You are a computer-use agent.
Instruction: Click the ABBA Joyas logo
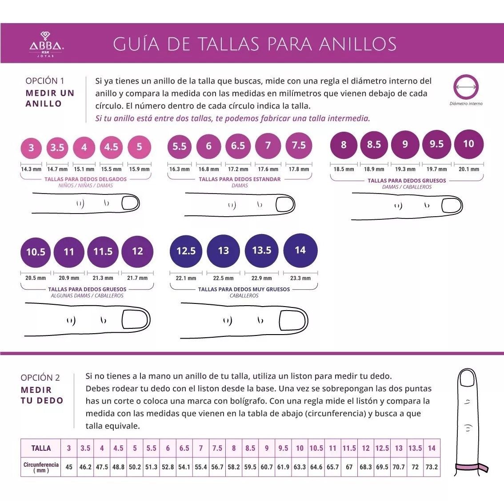[x=46, y=44]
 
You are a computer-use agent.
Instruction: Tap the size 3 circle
[x=31, y=148]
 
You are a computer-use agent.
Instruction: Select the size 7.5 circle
[x=299, y=145]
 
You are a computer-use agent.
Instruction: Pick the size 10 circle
[x=468, y=144]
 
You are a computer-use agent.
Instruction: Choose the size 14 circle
[x=300, y=250]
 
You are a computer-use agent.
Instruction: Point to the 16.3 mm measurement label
[x=179, y=169]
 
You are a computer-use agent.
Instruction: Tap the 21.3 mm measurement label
[x=103, y=278]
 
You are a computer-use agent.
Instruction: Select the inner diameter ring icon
[x=466, y=87]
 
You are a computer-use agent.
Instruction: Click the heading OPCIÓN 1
[x=44, y=81]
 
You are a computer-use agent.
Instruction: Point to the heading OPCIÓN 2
[x=40, y=378]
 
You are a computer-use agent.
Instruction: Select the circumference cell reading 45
[x=69, y=467]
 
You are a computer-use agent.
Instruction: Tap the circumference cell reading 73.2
[x=432, y=467]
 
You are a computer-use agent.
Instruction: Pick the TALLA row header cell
[x=41, y=448]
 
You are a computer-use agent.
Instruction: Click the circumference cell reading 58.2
[x=234, y=467]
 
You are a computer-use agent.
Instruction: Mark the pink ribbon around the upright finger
[x=471, y=467]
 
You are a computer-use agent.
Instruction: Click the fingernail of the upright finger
[x=467, y=379]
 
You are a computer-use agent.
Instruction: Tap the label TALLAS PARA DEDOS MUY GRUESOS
[x=244, y=289]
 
